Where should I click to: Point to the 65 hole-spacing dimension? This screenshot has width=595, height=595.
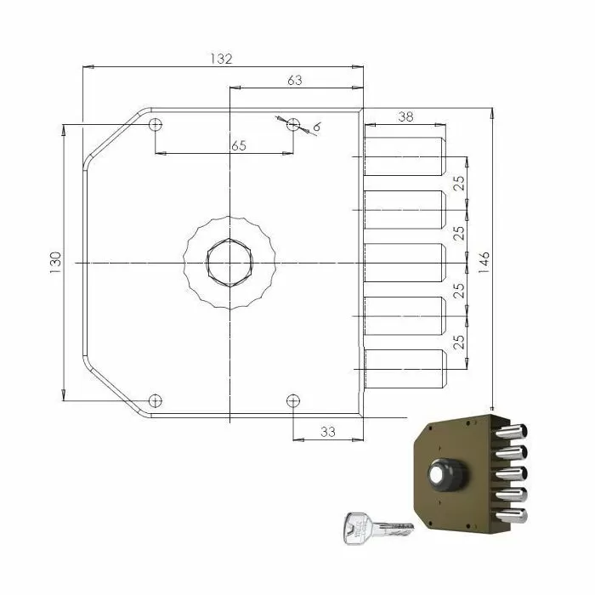(239, 145)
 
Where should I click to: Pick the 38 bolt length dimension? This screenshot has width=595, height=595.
(405, 117)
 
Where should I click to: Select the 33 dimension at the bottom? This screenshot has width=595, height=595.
(327, 432)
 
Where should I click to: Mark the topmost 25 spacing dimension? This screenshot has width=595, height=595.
(458, 184)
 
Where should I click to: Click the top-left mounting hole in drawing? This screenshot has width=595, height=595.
(155, 125)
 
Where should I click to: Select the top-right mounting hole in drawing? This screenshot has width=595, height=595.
(293, 124)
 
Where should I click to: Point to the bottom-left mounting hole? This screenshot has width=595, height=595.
(155, 400)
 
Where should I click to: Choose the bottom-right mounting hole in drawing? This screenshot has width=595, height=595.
(293, 400)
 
